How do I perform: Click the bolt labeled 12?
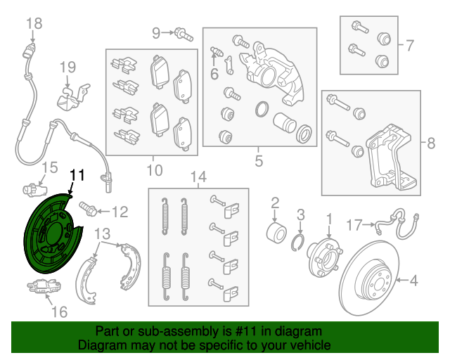click(89, 209)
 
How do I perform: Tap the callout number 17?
click(356, 225)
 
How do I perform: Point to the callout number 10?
click(154, 169)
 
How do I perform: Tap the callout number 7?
click(409, 46)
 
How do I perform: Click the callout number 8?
click(431, 143)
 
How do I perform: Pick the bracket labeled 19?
click(72, 97)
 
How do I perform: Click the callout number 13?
click(103, 233)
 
